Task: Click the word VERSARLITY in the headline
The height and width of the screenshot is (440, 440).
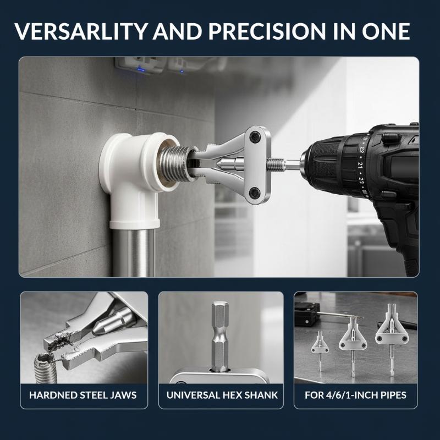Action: [81, 31]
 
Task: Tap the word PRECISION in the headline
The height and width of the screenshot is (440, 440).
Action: [267, 31]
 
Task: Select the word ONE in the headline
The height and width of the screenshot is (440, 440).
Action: [386, 31]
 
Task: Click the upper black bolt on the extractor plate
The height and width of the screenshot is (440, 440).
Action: [255, 136]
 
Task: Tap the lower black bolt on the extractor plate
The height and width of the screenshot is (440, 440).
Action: [255, 192]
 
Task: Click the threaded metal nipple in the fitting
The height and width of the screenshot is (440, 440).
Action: [171, 163]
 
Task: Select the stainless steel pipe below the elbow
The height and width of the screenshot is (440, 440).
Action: [134, 252]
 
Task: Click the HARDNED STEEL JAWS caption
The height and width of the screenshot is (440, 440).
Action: [83, 395]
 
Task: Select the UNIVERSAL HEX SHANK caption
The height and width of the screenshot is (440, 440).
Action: [222, 395]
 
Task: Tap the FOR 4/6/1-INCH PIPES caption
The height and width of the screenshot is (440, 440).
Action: [355, 395]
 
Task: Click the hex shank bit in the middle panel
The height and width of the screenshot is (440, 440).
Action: [221, 336]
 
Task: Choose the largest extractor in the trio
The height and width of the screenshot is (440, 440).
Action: [391, 337]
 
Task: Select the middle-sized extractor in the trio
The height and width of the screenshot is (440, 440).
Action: [353, 345]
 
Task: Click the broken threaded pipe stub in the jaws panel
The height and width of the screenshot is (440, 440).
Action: [45, 368]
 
